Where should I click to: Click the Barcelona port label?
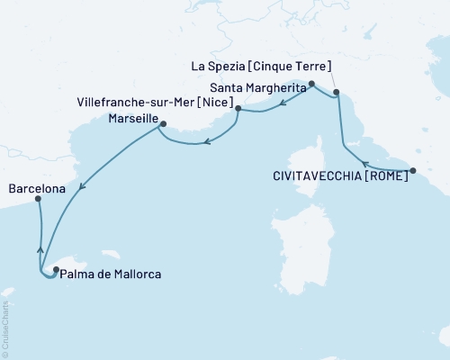point(35,189)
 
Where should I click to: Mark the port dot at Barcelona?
point(38,200)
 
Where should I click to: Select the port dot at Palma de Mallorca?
point(56,269)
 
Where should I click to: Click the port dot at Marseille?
point(163,124)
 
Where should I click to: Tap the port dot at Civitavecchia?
point(412,170)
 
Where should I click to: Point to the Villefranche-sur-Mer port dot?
point(238,109)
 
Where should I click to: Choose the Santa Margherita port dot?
point(311,85)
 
